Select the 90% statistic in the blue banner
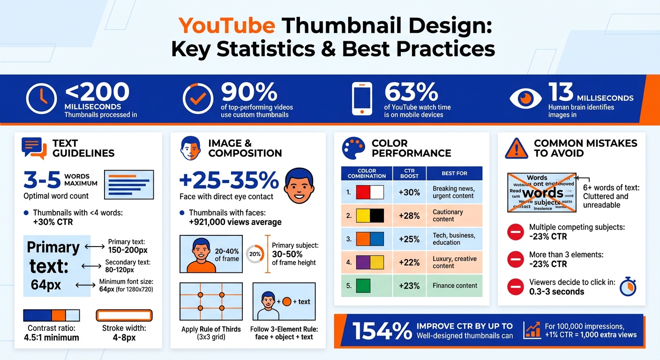coord(249,92)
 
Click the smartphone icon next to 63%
coord(361,99)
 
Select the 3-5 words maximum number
coord(42,179)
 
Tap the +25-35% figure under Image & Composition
coord(229,180)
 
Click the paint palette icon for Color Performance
coord(354,148)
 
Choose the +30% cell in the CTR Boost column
coord(409,192)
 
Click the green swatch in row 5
coord(363,285)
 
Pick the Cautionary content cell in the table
coord(447,216)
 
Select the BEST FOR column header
coord(454,173)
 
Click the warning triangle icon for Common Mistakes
coord(517,149)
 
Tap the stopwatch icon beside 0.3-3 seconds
coord(628,286)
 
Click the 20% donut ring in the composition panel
coord(255,254)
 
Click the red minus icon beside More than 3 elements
coord(515,259)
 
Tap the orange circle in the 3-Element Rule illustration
coord(287,301)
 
